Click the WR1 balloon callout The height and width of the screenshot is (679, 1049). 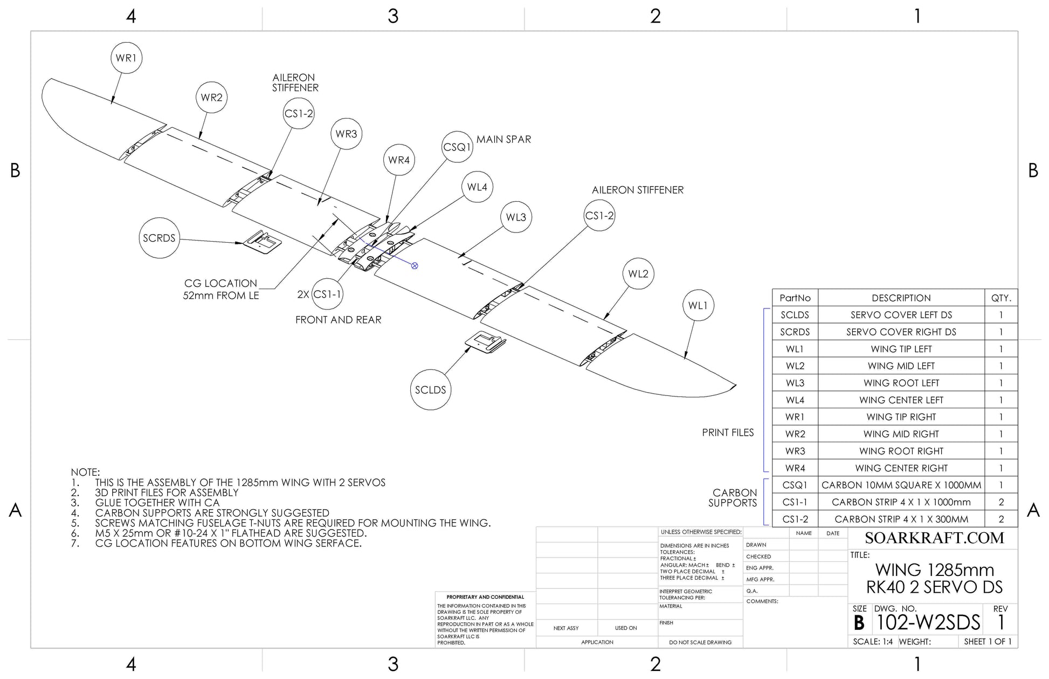[x=126, y=58]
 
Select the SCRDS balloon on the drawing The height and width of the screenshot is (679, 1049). [x=159, y=238]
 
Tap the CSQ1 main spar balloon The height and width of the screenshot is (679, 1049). [x=457, y=147]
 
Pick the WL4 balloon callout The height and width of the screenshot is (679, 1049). [x=477, y=187]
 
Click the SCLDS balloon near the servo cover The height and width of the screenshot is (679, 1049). [x=430, y=390]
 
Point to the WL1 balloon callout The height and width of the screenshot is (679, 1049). [x=698, y=306]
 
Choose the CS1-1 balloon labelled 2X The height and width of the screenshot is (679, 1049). [x=327, y=294]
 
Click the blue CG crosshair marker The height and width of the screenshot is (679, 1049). [x=415, y=266]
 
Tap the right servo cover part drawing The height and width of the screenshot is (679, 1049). [x=263, y=242]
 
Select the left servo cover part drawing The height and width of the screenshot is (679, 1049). [x=486, y=342]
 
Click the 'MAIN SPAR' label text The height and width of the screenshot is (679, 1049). [x=503, y=140]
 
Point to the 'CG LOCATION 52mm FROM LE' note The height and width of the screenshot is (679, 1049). [x=221, y=290]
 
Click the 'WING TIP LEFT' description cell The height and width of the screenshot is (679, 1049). [x=901, y=349]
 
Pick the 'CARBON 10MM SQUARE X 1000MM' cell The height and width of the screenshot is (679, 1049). [x=901, y=485]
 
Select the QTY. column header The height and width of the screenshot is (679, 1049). [x=1001, y=298]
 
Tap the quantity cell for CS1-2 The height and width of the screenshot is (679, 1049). [x=1001, y=519]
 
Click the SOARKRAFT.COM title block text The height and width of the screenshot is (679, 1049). [x=934, y=538]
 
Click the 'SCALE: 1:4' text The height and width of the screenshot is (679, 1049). [x=873, y=642]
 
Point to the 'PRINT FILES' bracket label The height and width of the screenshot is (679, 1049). [x=728, y=433]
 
